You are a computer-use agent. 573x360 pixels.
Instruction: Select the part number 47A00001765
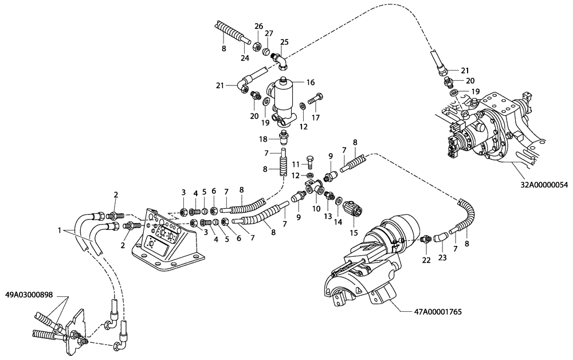tap(438, 312)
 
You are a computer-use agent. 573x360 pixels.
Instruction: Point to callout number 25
tap(284, 42)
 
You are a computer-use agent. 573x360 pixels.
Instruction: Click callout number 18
tap(262, 139)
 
